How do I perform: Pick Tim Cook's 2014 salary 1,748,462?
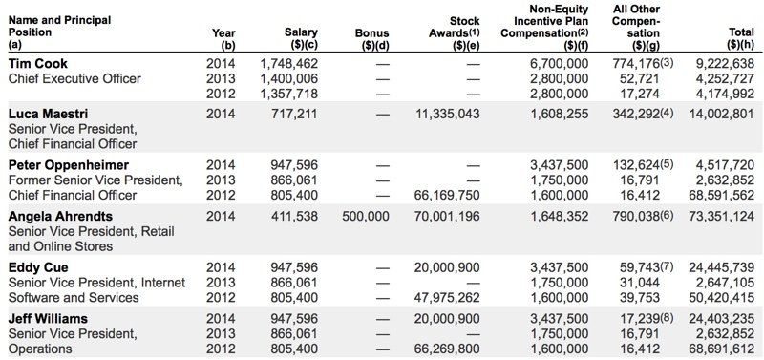click(289, 63)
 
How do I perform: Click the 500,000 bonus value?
click(365, 216)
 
